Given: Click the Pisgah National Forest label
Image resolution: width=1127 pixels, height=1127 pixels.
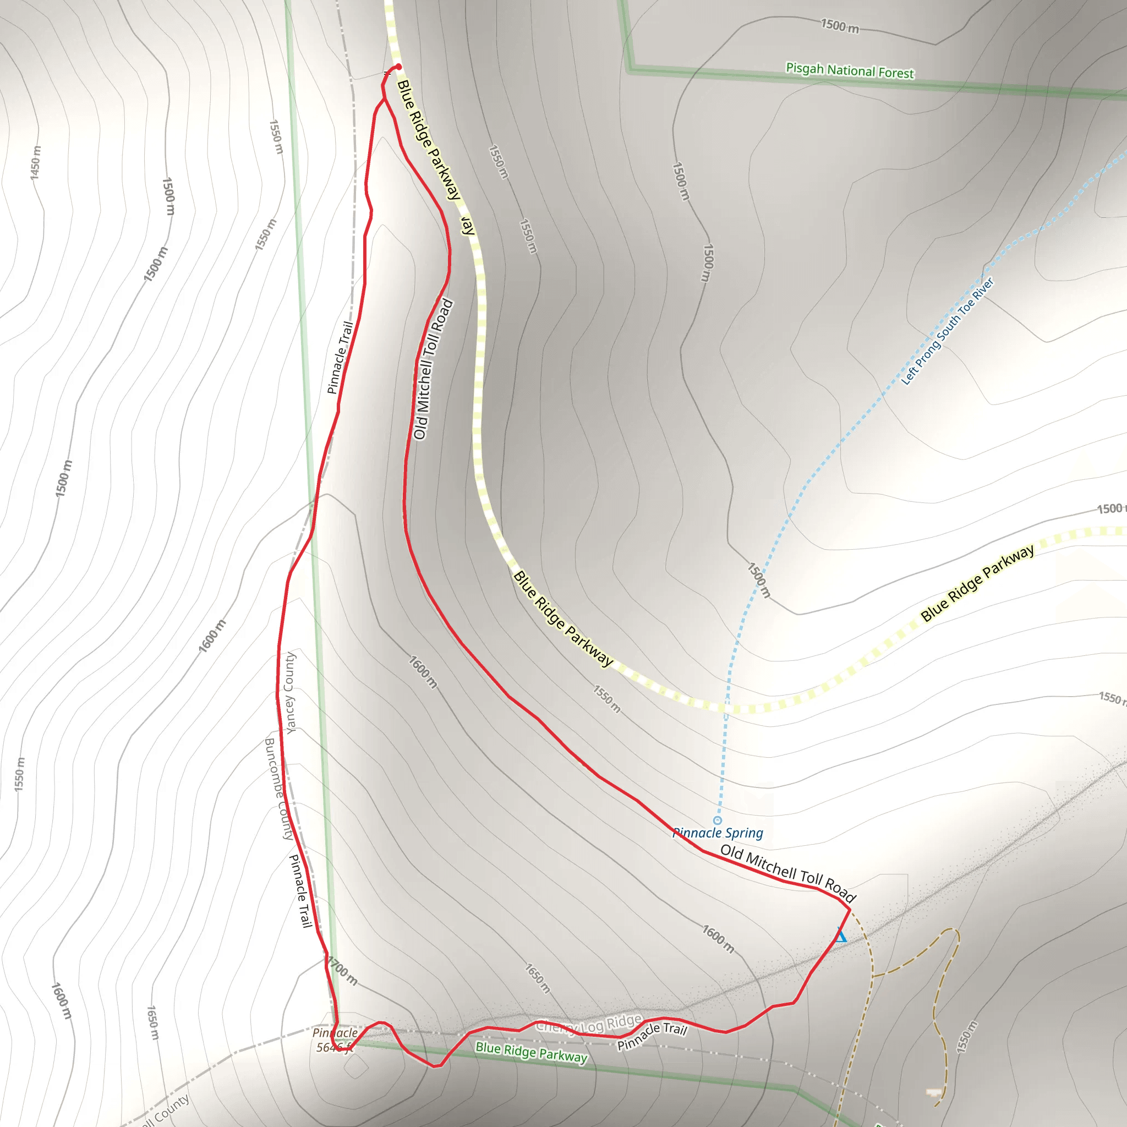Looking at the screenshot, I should click(x=850, y=70).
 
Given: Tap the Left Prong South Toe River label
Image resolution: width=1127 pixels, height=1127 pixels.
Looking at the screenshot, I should click(x=948, y=331).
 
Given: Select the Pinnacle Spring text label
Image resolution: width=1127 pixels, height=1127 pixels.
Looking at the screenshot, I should click(x=718, y=833).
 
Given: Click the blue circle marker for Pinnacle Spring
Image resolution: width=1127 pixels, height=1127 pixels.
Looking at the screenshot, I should click(x=718, y=820).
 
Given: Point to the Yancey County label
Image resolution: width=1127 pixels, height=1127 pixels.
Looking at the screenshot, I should click(x=290, y=692).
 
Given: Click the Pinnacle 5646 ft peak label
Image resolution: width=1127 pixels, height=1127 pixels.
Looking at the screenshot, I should click(x=334, y=1040).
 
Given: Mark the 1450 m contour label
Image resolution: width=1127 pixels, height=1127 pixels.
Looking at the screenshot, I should click(x=36, y=163).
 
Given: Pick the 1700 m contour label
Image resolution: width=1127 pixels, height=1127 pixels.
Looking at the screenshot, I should click(x=342, y=971).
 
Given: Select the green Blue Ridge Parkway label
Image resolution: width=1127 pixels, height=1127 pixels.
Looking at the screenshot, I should click(x=531, y=1052).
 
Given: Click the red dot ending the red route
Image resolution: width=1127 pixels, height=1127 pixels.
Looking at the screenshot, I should click(x=398, y=67).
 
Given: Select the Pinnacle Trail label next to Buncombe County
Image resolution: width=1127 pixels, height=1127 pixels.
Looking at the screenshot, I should click(x=302, y=891).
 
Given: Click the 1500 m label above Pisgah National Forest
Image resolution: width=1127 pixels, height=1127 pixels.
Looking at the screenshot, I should click(x=839, y=26).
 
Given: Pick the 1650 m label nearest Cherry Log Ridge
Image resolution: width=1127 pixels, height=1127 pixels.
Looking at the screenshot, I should click(x=537, y=978).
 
